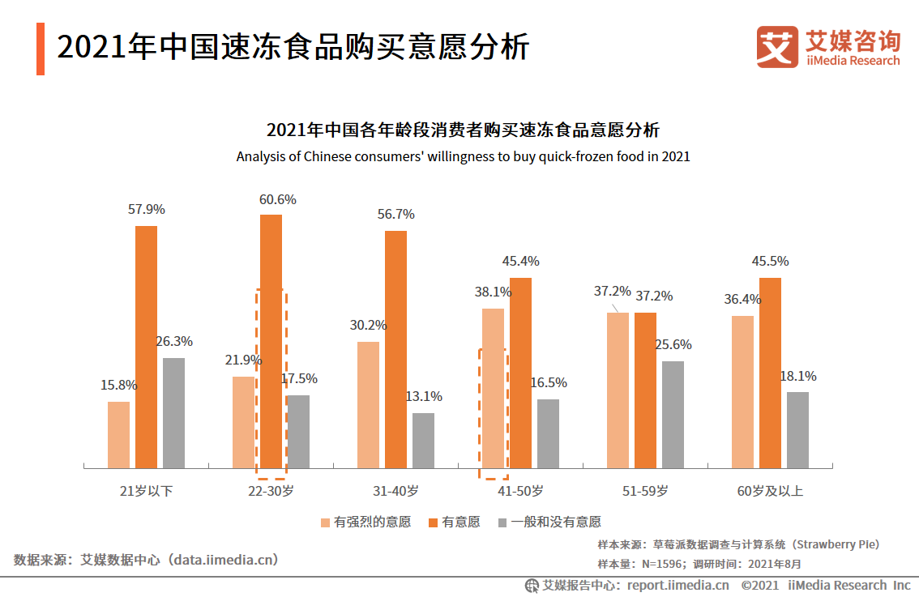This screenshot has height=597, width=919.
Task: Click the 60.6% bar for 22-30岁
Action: pyautogui.click(x=271, y=340)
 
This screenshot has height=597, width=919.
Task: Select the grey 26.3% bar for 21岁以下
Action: pyautogui.click(x=173, y=412)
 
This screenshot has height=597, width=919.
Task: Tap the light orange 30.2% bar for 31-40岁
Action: pyautogui.click(x=368, y=404)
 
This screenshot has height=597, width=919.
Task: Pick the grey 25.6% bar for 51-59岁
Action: pyautogui.click(x=673, y=414)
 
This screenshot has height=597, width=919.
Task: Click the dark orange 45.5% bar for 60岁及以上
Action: pyautogui.click(x=770, y=373)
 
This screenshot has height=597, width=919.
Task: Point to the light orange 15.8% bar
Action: pyautogui.click(x=118, y=434)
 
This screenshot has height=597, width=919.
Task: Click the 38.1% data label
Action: pyautogui.click(x=493, y=292)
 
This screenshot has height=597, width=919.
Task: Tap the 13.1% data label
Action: pyautogui.click(x=423, y=397)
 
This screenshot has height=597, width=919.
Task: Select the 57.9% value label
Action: pyautogui.click(x=146, y=209)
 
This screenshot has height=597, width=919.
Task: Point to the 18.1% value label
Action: pyautogui.click(x=797, y=376)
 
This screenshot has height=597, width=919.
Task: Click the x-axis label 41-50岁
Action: pyautogui.click(x=520, y=491)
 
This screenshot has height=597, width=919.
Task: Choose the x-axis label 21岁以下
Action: pyautogui.click(x=146, y=491)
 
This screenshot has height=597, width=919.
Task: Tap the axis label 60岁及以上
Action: pyautogui.click(x=770, y=491)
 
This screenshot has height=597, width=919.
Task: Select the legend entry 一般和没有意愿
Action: pyautogui.click(x=555, y=522)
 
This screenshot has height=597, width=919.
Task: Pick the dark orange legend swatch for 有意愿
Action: pyautogui.click(x=433, y=522)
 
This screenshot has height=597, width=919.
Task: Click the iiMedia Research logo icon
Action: pyautogui.click(x=776, y=46)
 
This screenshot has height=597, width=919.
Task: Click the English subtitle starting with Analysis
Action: pyautogui.click(x=463, y=156)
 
